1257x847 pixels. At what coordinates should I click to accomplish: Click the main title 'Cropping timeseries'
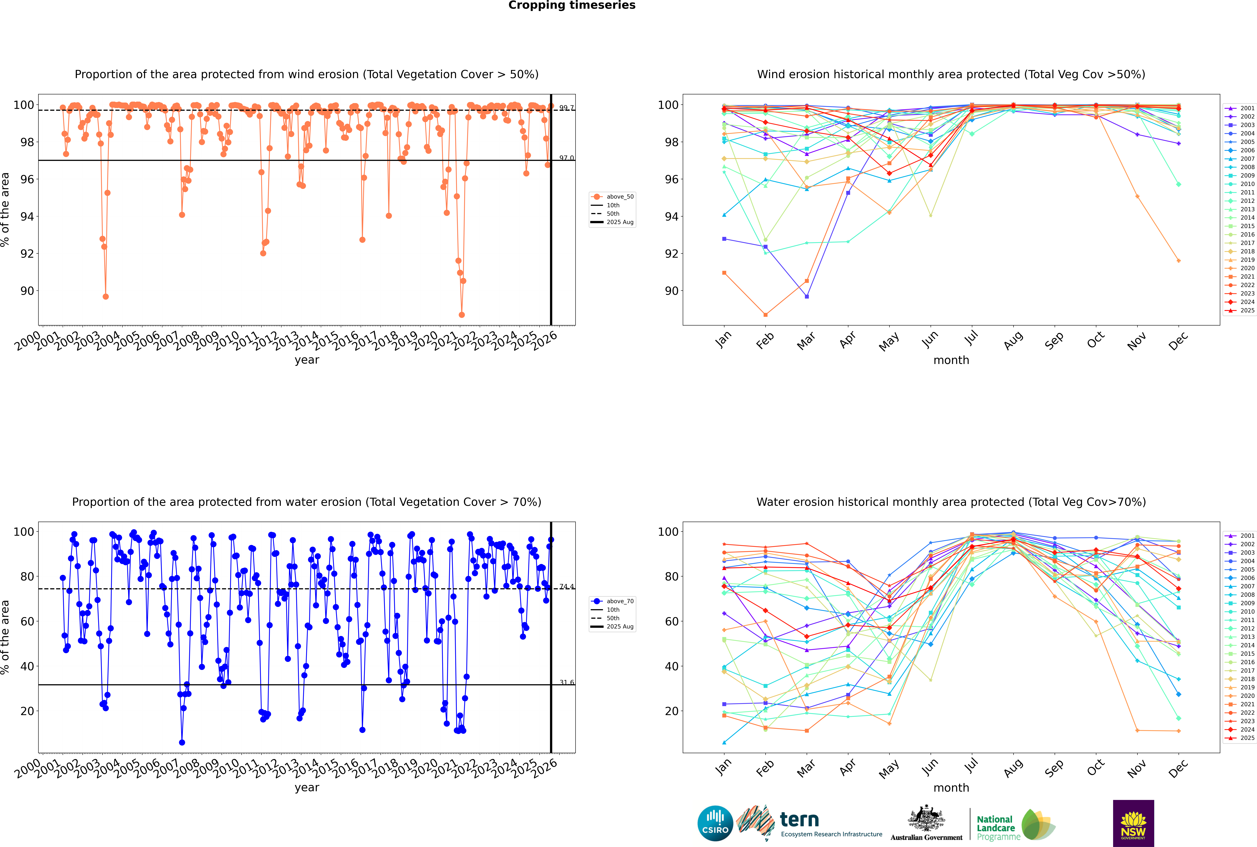pos(572,5)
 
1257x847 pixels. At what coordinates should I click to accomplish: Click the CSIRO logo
pos(715,823)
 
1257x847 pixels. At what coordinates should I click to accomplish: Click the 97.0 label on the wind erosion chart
pos(566,158)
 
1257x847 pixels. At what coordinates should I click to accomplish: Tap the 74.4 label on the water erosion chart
pos(566,587)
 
